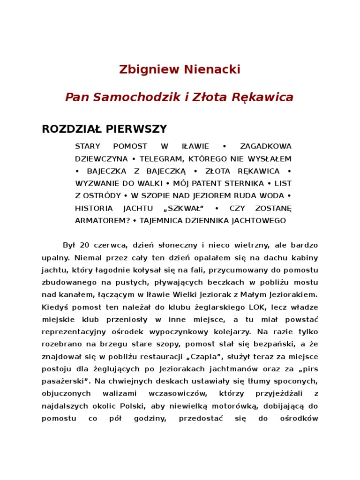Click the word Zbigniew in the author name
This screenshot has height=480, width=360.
(x=142, y=70)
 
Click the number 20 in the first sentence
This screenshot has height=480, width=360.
(x=84, y=246)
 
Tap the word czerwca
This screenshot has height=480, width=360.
(x=110, y=246)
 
